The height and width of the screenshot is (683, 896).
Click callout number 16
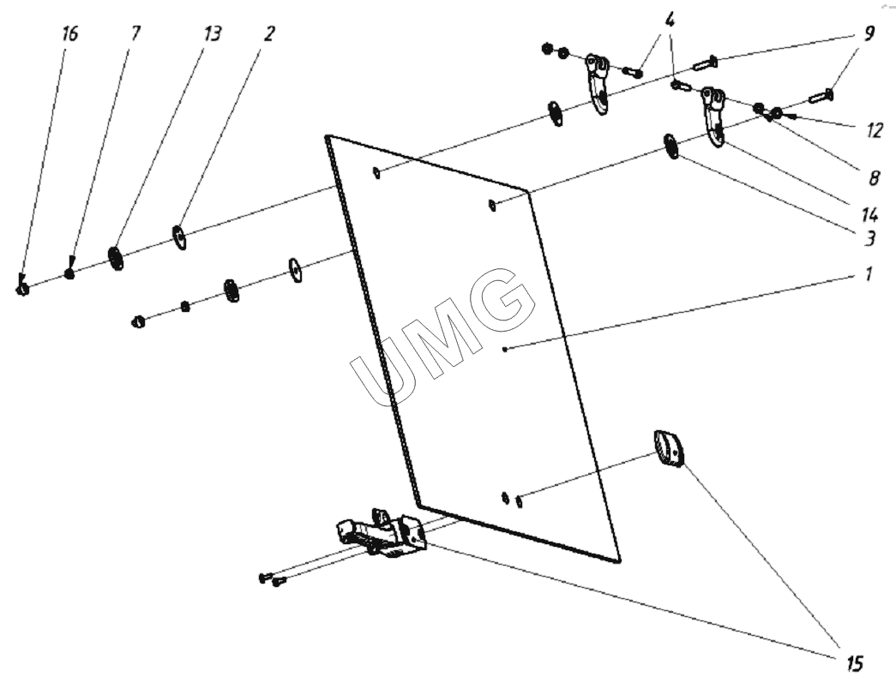(69, 33)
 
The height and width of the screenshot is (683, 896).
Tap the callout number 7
(135, 33)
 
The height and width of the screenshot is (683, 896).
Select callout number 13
(211, 33)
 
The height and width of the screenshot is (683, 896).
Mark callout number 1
(868, 275)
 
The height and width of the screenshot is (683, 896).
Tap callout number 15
(850, 662)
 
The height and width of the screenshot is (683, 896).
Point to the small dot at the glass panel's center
(506, 348)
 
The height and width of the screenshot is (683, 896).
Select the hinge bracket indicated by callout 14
(713, 116)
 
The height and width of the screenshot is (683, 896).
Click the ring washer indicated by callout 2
(180, 237)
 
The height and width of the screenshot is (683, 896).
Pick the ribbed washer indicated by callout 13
(115, 257)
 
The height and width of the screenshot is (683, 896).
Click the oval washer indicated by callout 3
(672, 147)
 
